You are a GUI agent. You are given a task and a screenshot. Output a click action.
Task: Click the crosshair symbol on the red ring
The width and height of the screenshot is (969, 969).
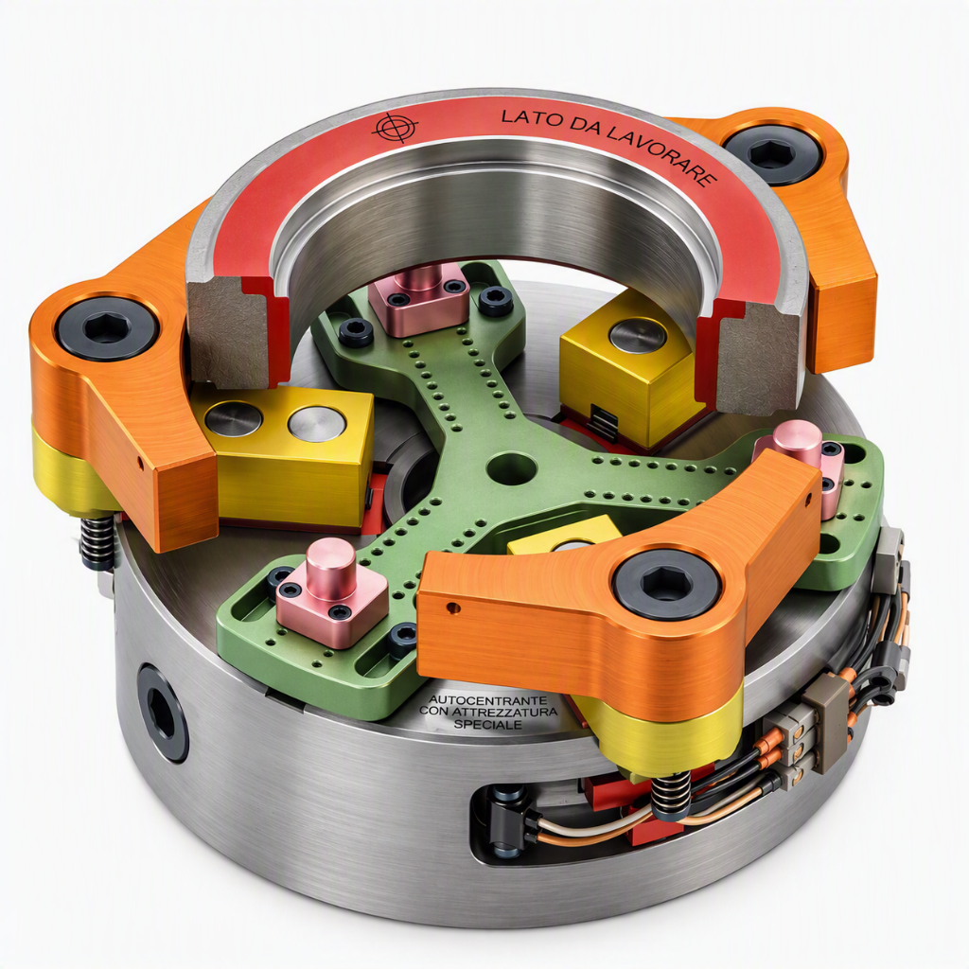tap(396, 128)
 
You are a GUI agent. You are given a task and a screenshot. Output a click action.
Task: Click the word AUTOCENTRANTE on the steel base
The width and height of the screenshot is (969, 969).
tap(487, 700)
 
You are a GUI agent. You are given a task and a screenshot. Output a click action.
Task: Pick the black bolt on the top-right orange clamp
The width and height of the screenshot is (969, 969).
tap(772, 153)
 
